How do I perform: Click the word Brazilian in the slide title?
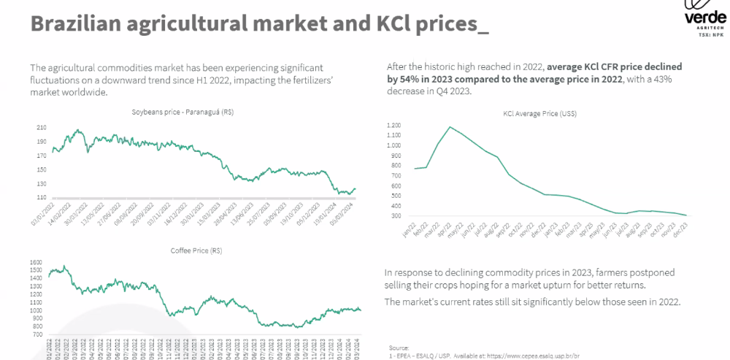(x=72, y=23)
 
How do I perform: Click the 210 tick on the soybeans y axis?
(x=41, y=128)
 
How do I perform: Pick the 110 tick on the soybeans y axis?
(x=41, y=197)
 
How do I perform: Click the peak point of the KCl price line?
(x=450, y=127)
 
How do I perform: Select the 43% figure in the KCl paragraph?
(x=669, y=79)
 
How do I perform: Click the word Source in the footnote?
(x=399, y=348)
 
